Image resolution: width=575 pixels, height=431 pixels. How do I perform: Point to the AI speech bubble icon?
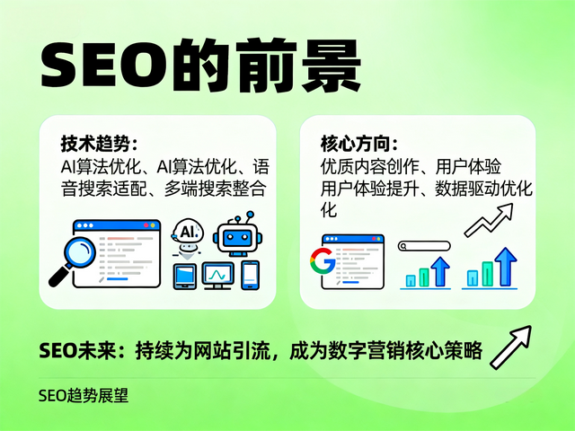click(x=189, y=233)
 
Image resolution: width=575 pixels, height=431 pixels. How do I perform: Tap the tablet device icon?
click(x=185, y=275)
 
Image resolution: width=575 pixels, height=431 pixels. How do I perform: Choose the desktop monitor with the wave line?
click(x=217, y=274)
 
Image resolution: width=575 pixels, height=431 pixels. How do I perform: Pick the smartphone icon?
click(x=250, y=274)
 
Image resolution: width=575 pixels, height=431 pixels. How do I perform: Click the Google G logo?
click(x=320, y=261)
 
